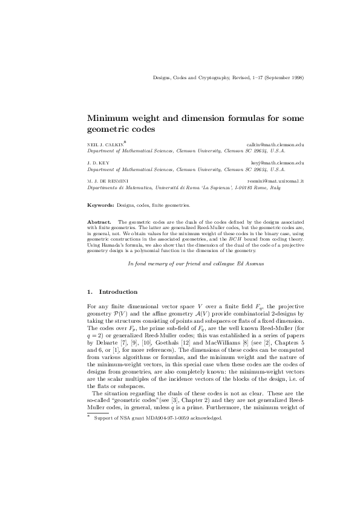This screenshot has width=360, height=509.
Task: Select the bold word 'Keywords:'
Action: click(100, 206)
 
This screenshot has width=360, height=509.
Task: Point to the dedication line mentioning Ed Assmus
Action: click(195, 264)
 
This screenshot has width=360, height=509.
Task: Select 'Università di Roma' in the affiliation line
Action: click(175, 188)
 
